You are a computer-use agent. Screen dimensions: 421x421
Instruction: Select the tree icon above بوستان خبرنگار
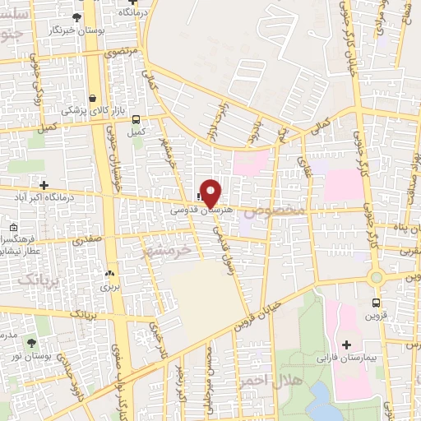point(77,16)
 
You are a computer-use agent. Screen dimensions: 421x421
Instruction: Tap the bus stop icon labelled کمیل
point(136,118)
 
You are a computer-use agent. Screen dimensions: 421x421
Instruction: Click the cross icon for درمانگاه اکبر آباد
point(44,186)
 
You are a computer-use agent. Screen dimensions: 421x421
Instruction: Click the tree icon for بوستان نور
point(31,342)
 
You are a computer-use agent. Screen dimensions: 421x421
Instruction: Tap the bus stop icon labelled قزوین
point(377,302)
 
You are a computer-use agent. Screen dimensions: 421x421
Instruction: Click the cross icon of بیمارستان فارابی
point(345,344)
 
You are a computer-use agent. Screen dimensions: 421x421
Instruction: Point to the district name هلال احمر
point(260,381)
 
